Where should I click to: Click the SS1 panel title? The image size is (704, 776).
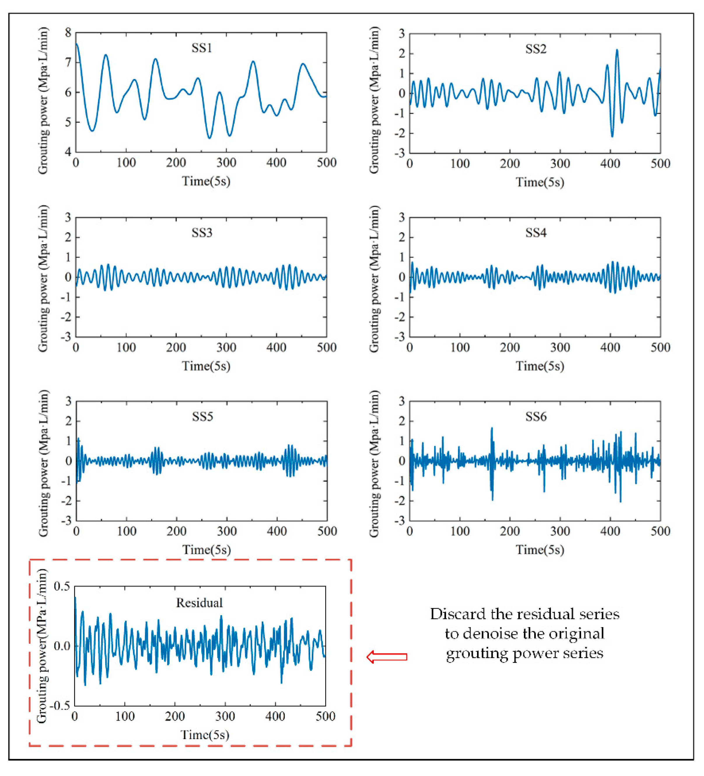[x=202, y=48]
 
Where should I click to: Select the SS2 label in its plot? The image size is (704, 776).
[x=536, y=49]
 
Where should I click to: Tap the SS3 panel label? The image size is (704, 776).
[x=202, y=233]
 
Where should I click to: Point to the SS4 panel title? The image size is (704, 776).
[x=536, y=233]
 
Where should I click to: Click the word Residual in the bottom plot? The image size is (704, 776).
[x=199, y=603]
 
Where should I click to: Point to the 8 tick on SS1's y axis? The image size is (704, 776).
[x=68, y=33]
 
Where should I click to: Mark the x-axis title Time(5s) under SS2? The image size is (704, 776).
[x=540, y=182]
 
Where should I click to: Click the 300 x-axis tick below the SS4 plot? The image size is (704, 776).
[x=560, y=348]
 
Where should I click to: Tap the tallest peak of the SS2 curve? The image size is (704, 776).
[x=617, y=50]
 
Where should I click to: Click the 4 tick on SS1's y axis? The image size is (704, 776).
[x=68, y=152]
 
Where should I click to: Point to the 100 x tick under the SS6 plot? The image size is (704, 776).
[x=460, y=532]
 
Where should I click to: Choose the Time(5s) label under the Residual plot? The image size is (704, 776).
[x=205, y=735]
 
